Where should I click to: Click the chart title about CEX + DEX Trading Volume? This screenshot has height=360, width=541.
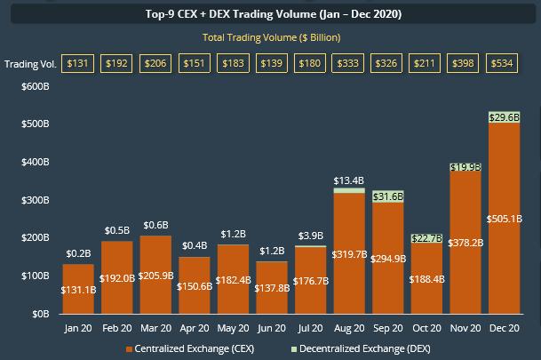point(270,14)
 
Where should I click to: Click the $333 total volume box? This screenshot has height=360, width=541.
point(347,64)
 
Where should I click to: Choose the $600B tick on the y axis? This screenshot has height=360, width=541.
point(35,87)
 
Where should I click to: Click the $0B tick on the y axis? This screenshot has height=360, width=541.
point(40,314)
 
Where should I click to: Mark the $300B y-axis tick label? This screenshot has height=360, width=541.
point(35,201)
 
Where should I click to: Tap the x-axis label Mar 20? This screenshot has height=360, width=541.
point(195,328)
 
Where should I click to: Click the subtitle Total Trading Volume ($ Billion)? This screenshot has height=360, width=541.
point(270,37)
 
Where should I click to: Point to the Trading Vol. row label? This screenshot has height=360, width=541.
point(31,64)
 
